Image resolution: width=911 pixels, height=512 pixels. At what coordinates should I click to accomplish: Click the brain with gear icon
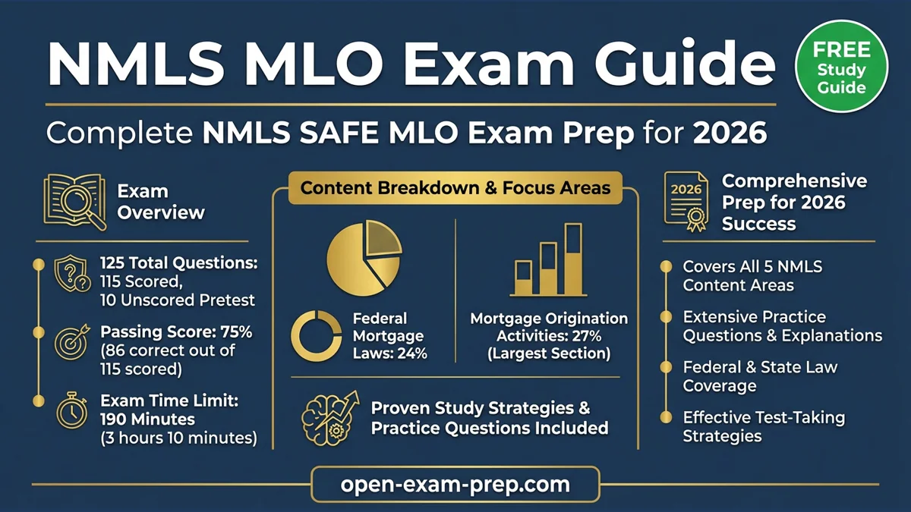click(x=327, y=416)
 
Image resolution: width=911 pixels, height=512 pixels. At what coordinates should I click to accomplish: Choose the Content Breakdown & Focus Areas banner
click(x=455, y=187)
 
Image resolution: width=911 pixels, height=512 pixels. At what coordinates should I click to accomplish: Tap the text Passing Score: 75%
click(x=176, y=332)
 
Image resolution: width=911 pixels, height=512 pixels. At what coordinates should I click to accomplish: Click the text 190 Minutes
click(x=147, y=419)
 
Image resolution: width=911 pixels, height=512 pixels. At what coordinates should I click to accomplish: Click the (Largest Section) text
click(x=549, y=353)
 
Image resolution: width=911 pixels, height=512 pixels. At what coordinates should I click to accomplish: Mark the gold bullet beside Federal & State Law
click(x=666, y=367)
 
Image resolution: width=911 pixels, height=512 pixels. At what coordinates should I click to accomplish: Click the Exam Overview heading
click(x=160, y=201)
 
